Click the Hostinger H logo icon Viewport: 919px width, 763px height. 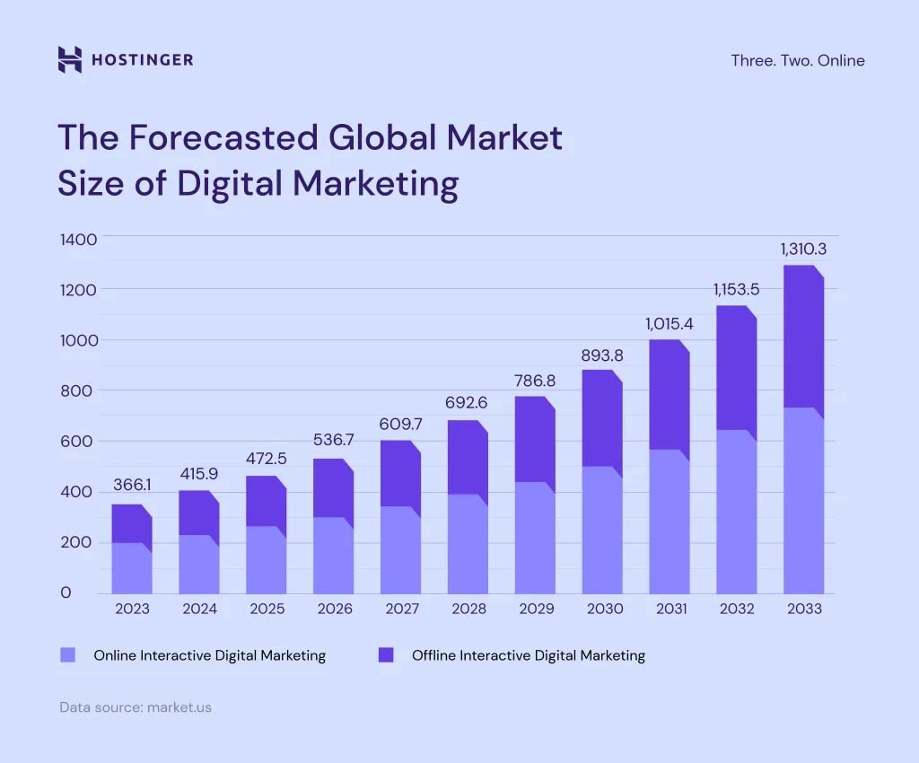pyautogui.click(x=69, y=60)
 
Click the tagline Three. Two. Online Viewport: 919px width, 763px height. pyautogui.click(x=797, y=61)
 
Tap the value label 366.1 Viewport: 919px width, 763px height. pyautogui.click(x=131, y=485)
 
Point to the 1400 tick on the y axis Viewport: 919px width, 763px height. pyautogui.click(x=77, y=239)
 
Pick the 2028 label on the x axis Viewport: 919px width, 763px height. pyautogui.click(x=468, y=609)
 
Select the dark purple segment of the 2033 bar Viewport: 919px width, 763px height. pyautogui.click(x=802, y=337)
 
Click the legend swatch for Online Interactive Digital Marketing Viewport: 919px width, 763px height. pyautogui.click(x=68, y=655)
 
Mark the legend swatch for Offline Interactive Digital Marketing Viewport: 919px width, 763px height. pyautogui.click(x=386, y=655)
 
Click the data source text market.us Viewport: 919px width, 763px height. pyautogui.click(x=178, y=707)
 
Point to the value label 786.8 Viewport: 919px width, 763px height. pyautogui.click(x=534, y=381)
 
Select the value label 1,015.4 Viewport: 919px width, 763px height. pyautogui.click(x=670, y=323)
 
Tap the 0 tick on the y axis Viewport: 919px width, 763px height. pyautogui.click(x=66, y=593)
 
